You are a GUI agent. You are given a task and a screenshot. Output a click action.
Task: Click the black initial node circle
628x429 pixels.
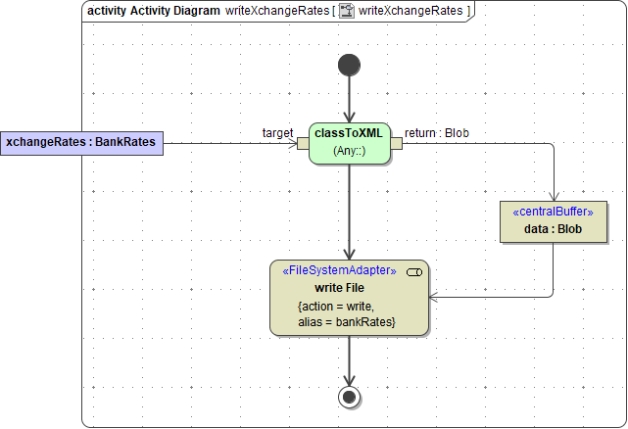[349, 65]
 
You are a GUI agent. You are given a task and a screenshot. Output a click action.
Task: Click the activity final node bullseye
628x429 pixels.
[349, 397]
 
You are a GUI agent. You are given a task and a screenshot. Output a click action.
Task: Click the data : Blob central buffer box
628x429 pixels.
[553, 220]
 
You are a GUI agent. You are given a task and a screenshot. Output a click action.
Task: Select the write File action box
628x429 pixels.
[349, 298]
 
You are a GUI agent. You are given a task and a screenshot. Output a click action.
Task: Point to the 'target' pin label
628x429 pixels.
[278, 132]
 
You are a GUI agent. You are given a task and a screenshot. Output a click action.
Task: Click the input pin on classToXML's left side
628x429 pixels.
[303, 144]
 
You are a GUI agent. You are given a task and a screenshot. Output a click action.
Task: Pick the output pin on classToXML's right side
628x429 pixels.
[396, 144]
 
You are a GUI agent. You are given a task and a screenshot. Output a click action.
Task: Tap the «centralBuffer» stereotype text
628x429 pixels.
[553, 212]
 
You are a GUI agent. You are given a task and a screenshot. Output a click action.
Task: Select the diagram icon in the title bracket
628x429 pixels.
[346, 11]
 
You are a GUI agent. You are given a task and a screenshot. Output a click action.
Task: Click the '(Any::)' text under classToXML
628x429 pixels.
[349, 151]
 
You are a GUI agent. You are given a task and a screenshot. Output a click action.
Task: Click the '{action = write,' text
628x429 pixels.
[336, 307]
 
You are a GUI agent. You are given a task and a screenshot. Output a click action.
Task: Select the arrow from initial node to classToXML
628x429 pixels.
[349, 98]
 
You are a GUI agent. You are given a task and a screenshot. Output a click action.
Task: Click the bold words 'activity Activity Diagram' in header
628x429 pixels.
[153, 11]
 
